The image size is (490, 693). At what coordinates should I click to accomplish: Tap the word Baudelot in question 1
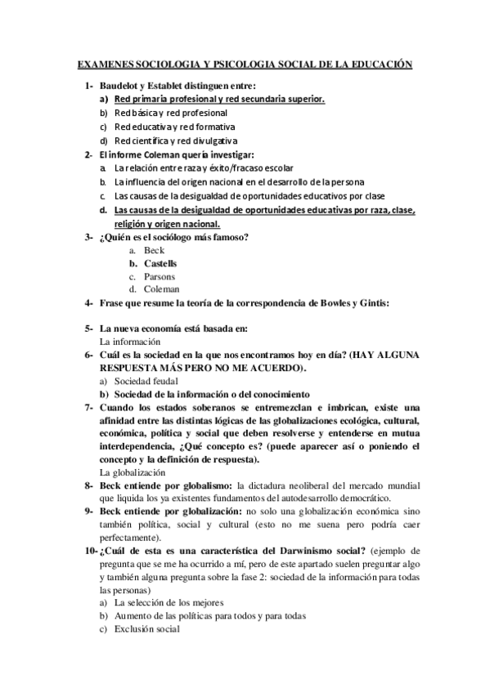click(121, 86)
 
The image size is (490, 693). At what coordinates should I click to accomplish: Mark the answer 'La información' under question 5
click(129, 341)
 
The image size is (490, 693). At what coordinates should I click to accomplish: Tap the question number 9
click(88, 512)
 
